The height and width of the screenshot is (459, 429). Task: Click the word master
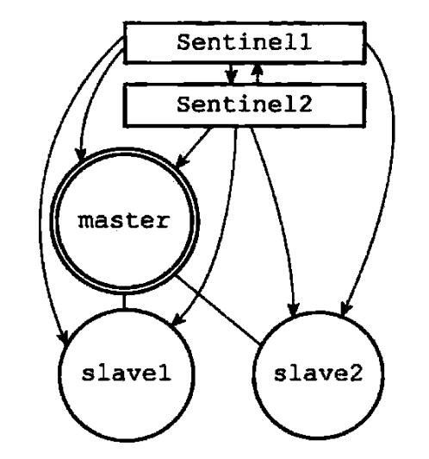coord(123,221)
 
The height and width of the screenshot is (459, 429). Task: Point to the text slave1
coord(127,374)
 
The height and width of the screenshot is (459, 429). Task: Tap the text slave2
coord(318,374)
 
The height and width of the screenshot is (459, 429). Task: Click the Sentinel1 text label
coord(245,42)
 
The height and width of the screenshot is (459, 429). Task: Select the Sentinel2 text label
coord(245,104)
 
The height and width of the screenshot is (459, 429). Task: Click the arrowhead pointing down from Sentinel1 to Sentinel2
coord(231,78)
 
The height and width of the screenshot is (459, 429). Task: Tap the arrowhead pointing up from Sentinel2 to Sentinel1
coord(258,70)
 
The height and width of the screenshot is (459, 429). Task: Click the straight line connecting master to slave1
coord(124,301)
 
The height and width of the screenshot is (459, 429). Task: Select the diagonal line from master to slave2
coord(218,309)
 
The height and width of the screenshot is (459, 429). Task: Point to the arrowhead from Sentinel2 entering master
coord(181,161)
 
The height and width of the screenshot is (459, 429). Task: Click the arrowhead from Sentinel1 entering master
coord(81,154)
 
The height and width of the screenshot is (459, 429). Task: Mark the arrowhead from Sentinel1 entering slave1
coord(63,336)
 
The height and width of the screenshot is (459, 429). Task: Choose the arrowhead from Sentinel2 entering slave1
coord(177,319)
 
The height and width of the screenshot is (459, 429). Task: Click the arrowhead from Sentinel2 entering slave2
coord(294,310)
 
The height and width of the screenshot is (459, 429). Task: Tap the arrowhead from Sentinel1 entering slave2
coord(346,309)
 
